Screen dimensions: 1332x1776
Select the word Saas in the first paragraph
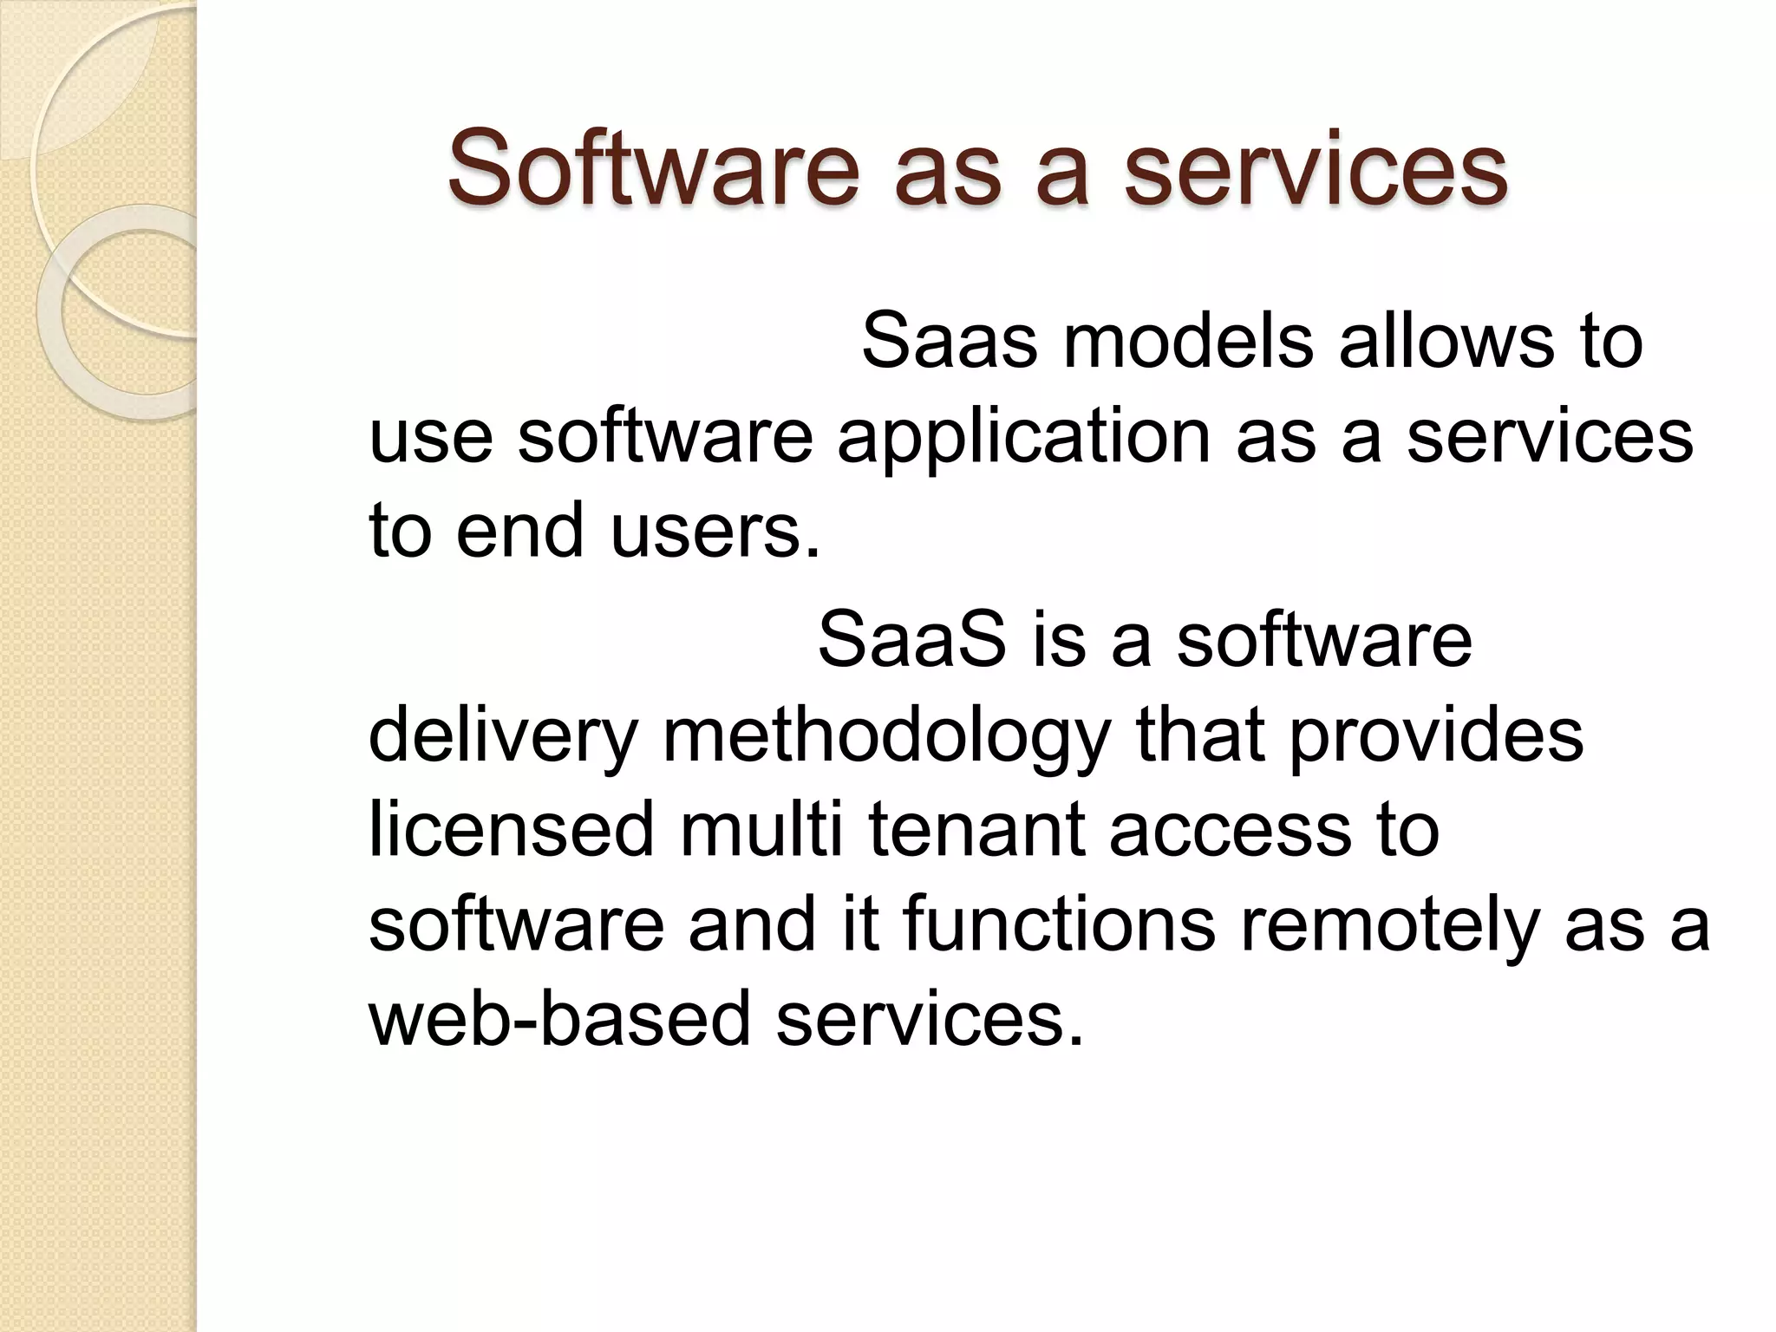pyautogui.click(x=949, y=341)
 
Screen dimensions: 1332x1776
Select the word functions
pyautogui.click(x=1059, y=924)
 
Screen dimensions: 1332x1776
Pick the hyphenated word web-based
pyautogui.click(x=559, y=1019)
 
